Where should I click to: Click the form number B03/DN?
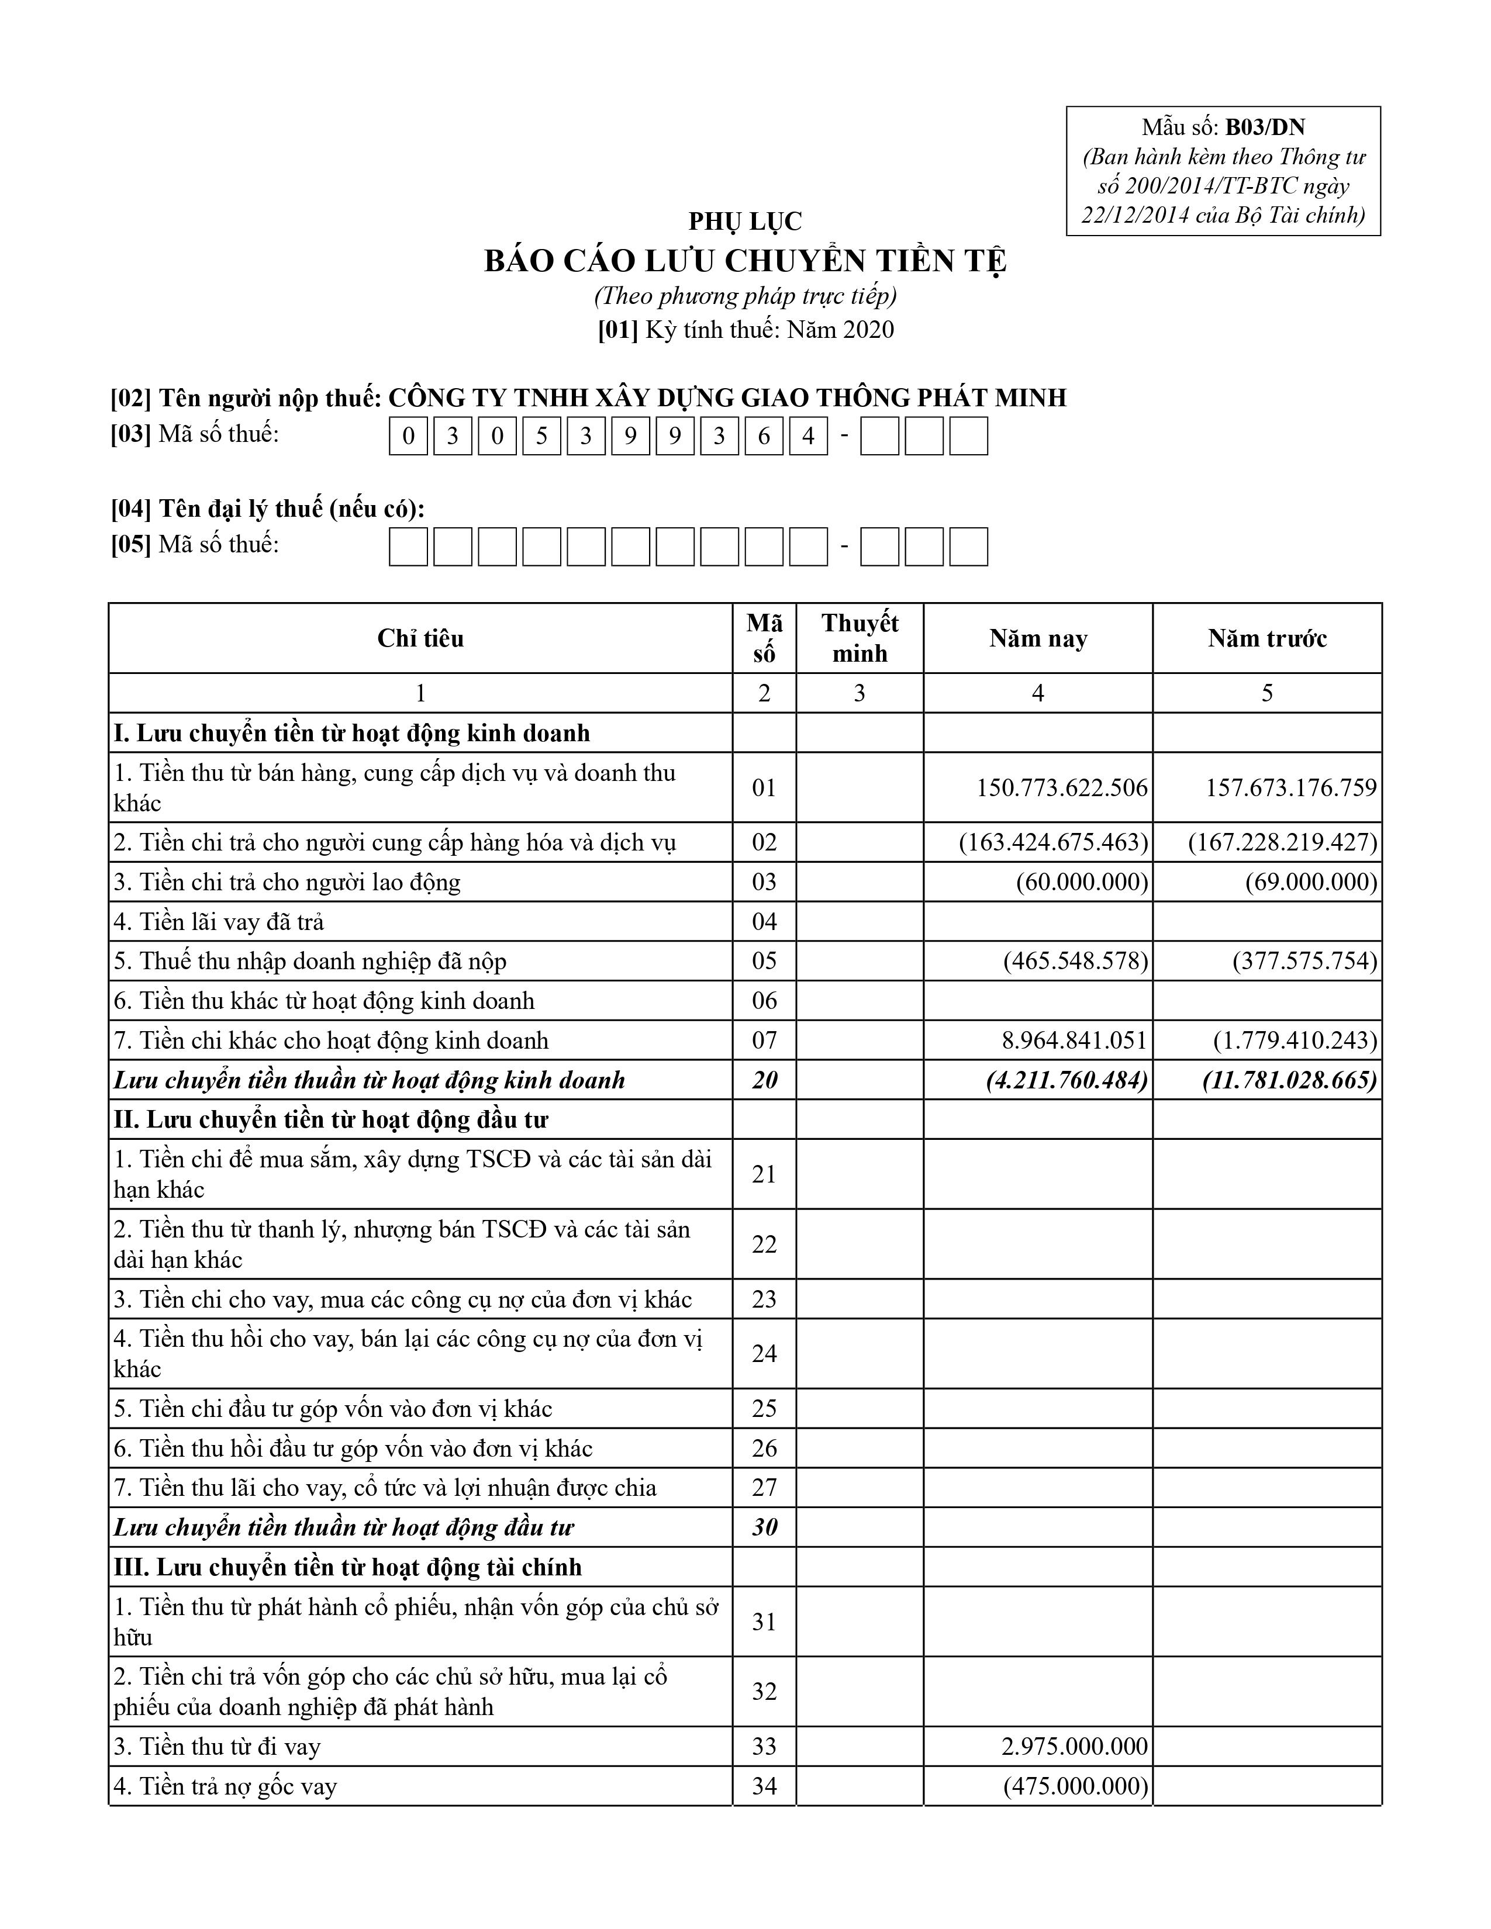click(1264, 127)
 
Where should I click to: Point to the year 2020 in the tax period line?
click(869, 330)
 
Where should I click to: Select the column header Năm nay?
click(1038, 638)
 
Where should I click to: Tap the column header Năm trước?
click(1266, 638)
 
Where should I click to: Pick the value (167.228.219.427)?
click(1282, 842)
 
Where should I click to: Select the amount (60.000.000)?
click(1082, 881)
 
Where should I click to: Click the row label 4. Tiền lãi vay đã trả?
click(219, 921)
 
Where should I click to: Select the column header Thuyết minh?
click(860, 638)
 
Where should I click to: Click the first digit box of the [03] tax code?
click(408, 436)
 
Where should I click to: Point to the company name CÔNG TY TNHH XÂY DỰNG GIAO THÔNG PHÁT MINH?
click(727, 397)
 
